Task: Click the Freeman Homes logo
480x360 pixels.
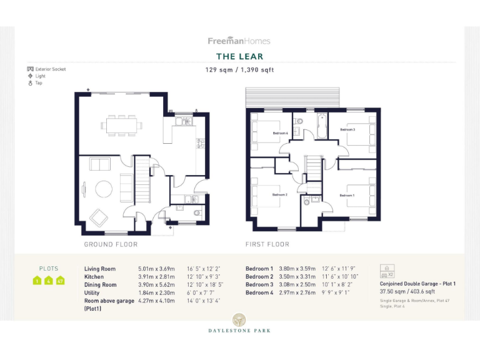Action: [x=239, y=41]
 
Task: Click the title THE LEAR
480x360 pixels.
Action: [x=239, y=57]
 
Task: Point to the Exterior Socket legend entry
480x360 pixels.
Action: [x=46, y=69]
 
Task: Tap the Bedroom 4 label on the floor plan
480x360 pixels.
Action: [x=280, y=133]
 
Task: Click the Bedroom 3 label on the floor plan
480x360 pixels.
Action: [x=347, y=129]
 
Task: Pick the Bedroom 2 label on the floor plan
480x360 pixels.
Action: [x=279, y=194]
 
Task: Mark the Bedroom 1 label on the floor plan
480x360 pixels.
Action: [x=347, y=195]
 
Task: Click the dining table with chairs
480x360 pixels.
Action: [x=121, y=126]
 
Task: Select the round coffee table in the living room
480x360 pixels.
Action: [x=102, y=188]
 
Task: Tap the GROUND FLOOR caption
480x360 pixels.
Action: [x=111, y=244]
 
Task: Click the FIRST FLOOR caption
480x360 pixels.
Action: [x=267, y=244]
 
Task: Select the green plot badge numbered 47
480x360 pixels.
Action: [x=61, y=281]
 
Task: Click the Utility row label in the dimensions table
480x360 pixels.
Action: [x=92, y=292]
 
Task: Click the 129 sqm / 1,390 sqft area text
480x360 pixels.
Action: [x=239, y=70]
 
